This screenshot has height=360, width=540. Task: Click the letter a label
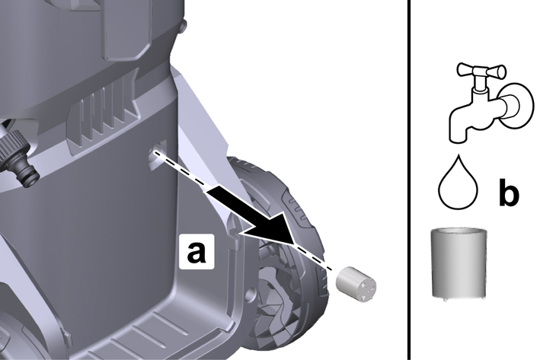pos(197,252)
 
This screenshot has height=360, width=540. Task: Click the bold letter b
pos(509,193)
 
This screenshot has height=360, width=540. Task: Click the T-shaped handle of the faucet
pos(481,72)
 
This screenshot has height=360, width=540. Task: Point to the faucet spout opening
pos(458,139)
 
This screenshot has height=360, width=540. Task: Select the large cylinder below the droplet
pos(459,263)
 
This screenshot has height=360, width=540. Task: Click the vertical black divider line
pos(410,180)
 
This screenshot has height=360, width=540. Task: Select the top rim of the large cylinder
pos(459,231)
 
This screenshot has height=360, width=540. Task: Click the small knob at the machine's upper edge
pos(184,26)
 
